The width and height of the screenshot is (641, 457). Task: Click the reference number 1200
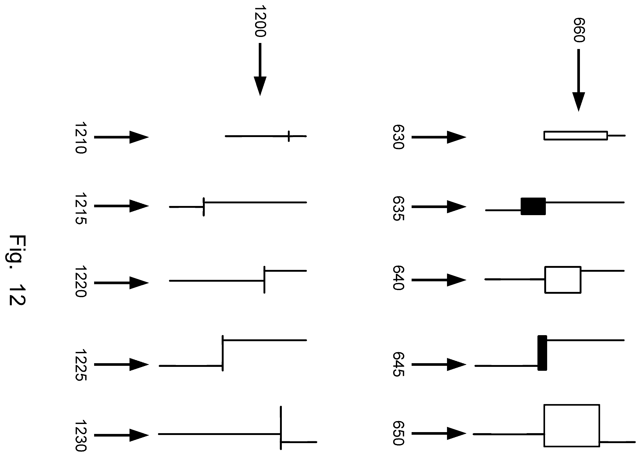[260, 21]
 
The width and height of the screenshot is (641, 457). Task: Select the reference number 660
[579, 30]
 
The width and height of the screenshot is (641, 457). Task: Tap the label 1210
[80, 138]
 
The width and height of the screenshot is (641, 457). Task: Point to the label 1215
[80, 209]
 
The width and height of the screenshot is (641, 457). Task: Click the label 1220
[80, 281]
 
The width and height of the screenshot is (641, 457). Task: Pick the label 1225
[80, 365]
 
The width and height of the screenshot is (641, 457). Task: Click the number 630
[398, 137]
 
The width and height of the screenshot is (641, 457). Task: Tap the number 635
[398, 209]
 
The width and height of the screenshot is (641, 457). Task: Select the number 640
[398, 278]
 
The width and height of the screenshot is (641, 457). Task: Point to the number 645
[398, 364]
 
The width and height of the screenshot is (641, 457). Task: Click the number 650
[398, 433]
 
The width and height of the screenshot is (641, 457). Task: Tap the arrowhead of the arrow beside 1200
[260, 86]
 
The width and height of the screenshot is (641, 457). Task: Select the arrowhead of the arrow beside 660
[579, 102]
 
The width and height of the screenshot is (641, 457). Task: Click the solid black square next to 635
[533, 206]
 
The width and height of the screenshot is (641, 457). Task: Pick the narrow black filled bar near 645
[542, 353]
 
